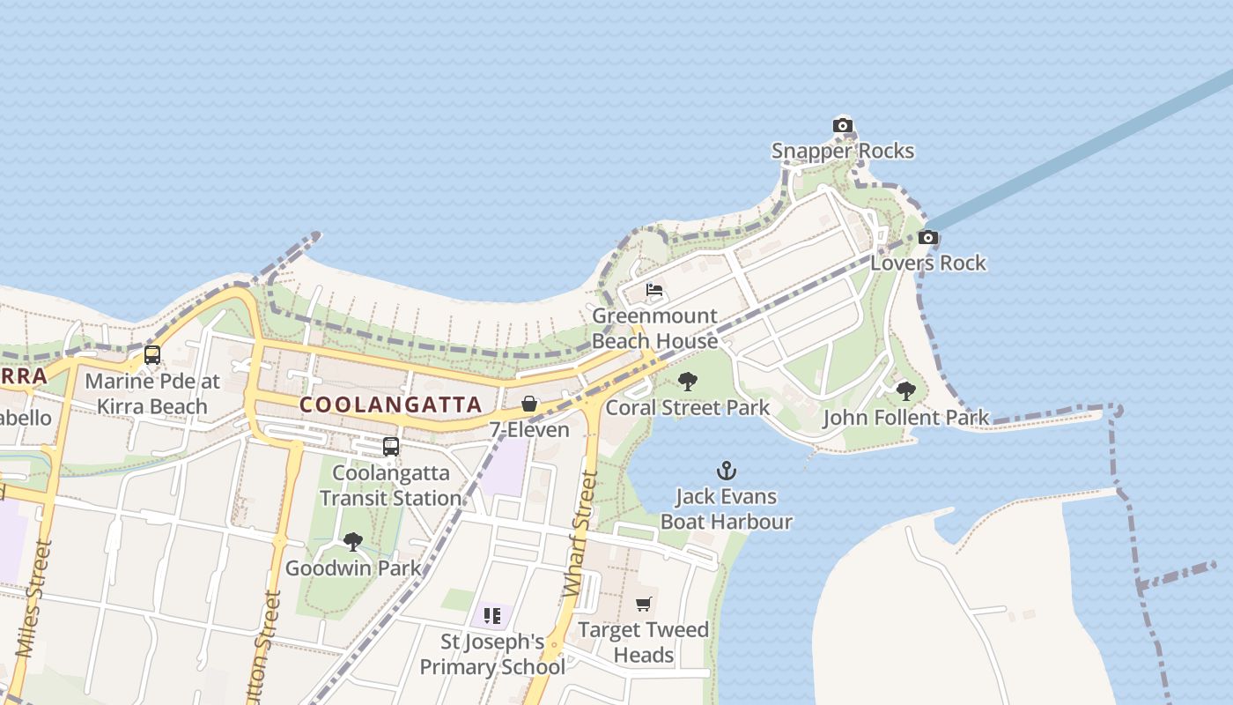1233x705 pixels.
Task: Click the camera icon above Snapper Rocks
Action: [843, 126]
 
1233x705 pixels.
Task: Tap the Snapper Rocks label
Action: [843, 151]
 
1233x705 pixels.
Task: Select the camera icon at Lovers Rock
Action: [927, 237]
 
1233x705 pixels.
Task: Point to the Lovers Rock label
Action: [928, 263]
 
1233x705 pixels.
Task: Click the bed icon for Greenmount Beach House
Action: [653, 290]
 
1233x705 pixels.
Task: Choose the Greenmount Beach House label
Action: [654, 328]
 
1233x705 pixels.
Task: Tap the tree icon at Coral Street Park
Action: [688, 382]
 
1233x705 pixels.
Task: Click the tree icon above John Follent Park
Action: [905, 391]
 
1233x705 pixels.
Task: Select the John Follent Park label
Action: [905, 417]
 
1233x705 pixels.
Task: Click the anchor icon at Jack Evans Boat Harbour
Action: [727, 471]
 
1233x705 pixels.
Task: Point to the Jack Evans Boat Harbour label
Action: [727, 508]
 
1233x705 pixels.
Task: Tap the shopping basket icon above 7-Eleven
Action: [529, 404]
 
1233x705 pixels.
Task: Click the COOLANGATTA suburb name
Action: [391, 404]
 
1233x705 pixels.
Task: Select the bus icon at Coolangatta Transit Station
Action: [391, 447]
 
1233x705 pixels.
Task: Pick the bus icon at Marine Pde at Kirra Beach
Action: [152, 355]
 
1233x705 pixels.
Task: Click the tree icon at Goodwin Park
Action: [353, 542]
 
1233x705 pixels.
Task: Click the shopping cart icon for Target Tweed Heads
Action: [644, 605]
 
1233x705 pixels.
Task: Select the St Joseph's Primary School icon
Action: [491, 615]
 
